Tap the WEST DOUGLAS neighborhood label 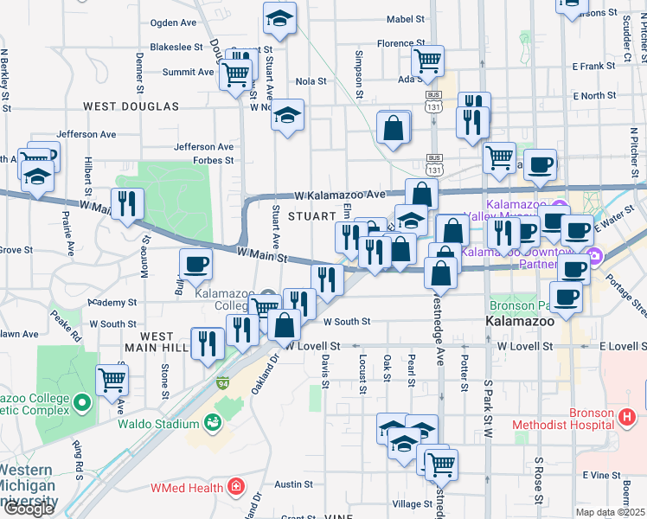tap(131, 106)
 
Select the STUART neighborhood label tap(311, 215)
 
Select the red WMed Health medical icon tap(234, 488)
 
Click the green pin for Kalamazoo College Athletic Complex tap(81, 402)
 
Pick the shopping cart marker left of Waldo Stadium tap(112, 378)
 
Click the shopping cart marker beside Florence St tap(427, 60)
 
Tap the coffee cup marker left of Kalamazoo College tap(195, 263)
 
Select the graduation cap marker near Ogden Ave tap(280, 18)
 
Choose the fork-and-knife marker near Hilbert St tap(127, 203)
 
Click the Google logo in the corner tap(29, 509)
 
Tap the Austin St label tap(292, 484)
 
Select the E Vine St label tap(603, 475)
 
